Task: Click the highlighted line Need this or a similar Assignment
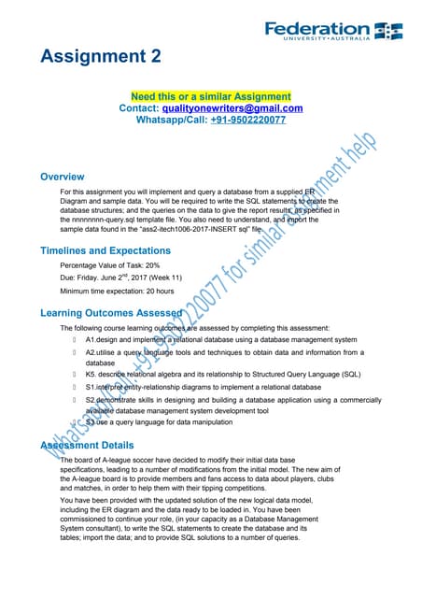[210, 96]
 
